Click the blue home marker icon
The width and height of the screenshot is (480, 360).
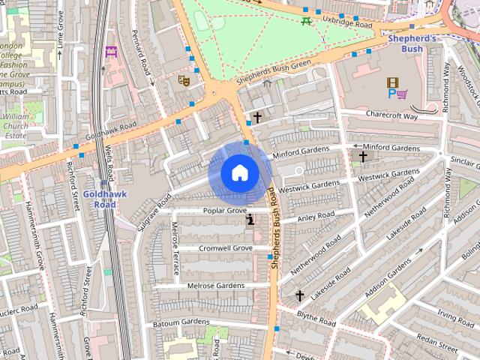tap(239, 172)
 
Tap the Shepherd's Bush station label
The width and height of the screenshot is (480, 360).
tap(412, 43)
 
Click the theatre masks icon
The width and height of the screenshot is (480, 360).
tap(182, 79)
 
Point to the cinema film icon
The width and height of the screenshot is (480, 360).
tap(392, 82)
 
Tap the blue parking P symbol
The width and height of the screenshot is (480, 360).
tap(391, 94)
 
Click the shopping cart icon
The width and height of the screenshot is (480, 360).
tap(403, 94)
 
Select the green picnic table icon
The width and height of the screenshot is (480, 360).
tap(306, 21)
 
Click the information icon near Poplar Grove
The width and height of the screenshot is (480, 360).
tap(250, 219)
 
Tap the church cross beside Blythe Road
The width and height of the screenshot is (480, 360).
tap(300, 295)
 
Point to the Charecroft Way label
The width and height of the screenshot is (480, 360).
tap(391, 115)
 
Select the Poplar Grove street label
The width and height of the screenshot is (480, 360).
tap(225, 211)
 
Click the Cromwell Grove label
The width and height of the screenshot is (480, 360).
tap(225, 247)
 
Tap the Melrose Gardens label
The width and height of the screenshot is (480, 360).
tap(216, 285)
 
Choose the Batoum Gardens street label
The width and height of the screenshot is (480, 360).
tap(180, 322)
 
